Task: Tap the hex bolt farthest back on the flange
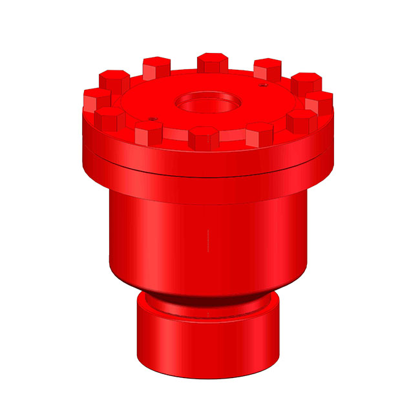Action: (x=211, y=63)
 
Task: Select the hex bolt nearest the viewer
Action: (x=204, y=138)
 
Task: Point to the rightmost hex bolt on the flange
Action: (x=319, y=102)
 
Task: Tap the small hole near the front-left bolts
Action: (x=151, y=118)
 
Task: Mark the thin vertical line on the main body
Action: (x=208, y=239)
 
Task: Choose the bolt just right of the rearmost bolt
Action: (x=266, y=68)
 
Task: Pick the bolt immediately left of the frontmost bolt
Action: (x=149, y=133)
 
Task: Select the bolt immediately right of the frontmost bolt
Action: (x=259, y=133)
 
